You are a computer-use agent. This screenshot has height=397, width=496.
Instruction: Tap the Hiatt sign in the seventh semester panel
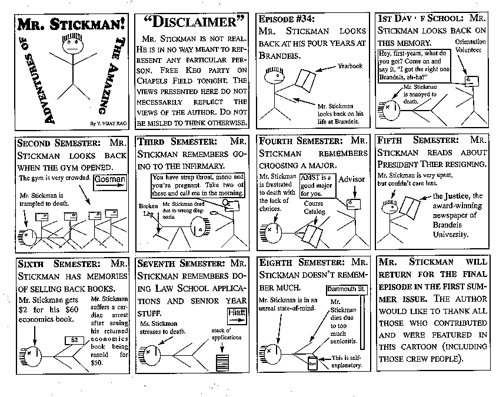pyautogui.click(x=235, y=312)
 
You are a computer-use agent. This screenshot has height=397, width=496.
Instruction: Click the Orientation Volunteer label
pyautogui.click(x=471, y=46)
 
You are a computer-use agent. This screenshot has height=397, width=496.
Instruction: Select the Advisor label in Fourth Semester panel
pyautogui.click(x=352, y=179)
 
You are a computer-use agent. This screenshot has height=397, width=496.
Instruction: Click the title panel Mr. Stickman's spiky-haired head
pyautogui.click(x=71, y=48)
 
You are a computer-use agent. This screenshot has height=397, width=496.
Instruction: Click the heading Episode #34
pyautogui.click(x=284, y=18)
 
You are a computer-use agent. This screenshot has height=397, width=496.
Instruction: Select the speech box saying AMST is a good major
pyautogui.click(x=315, y=184)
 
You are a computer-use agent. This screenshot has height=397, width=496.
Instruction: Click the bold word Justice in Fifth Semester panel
pyautogui.click(x=454, y=196)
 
